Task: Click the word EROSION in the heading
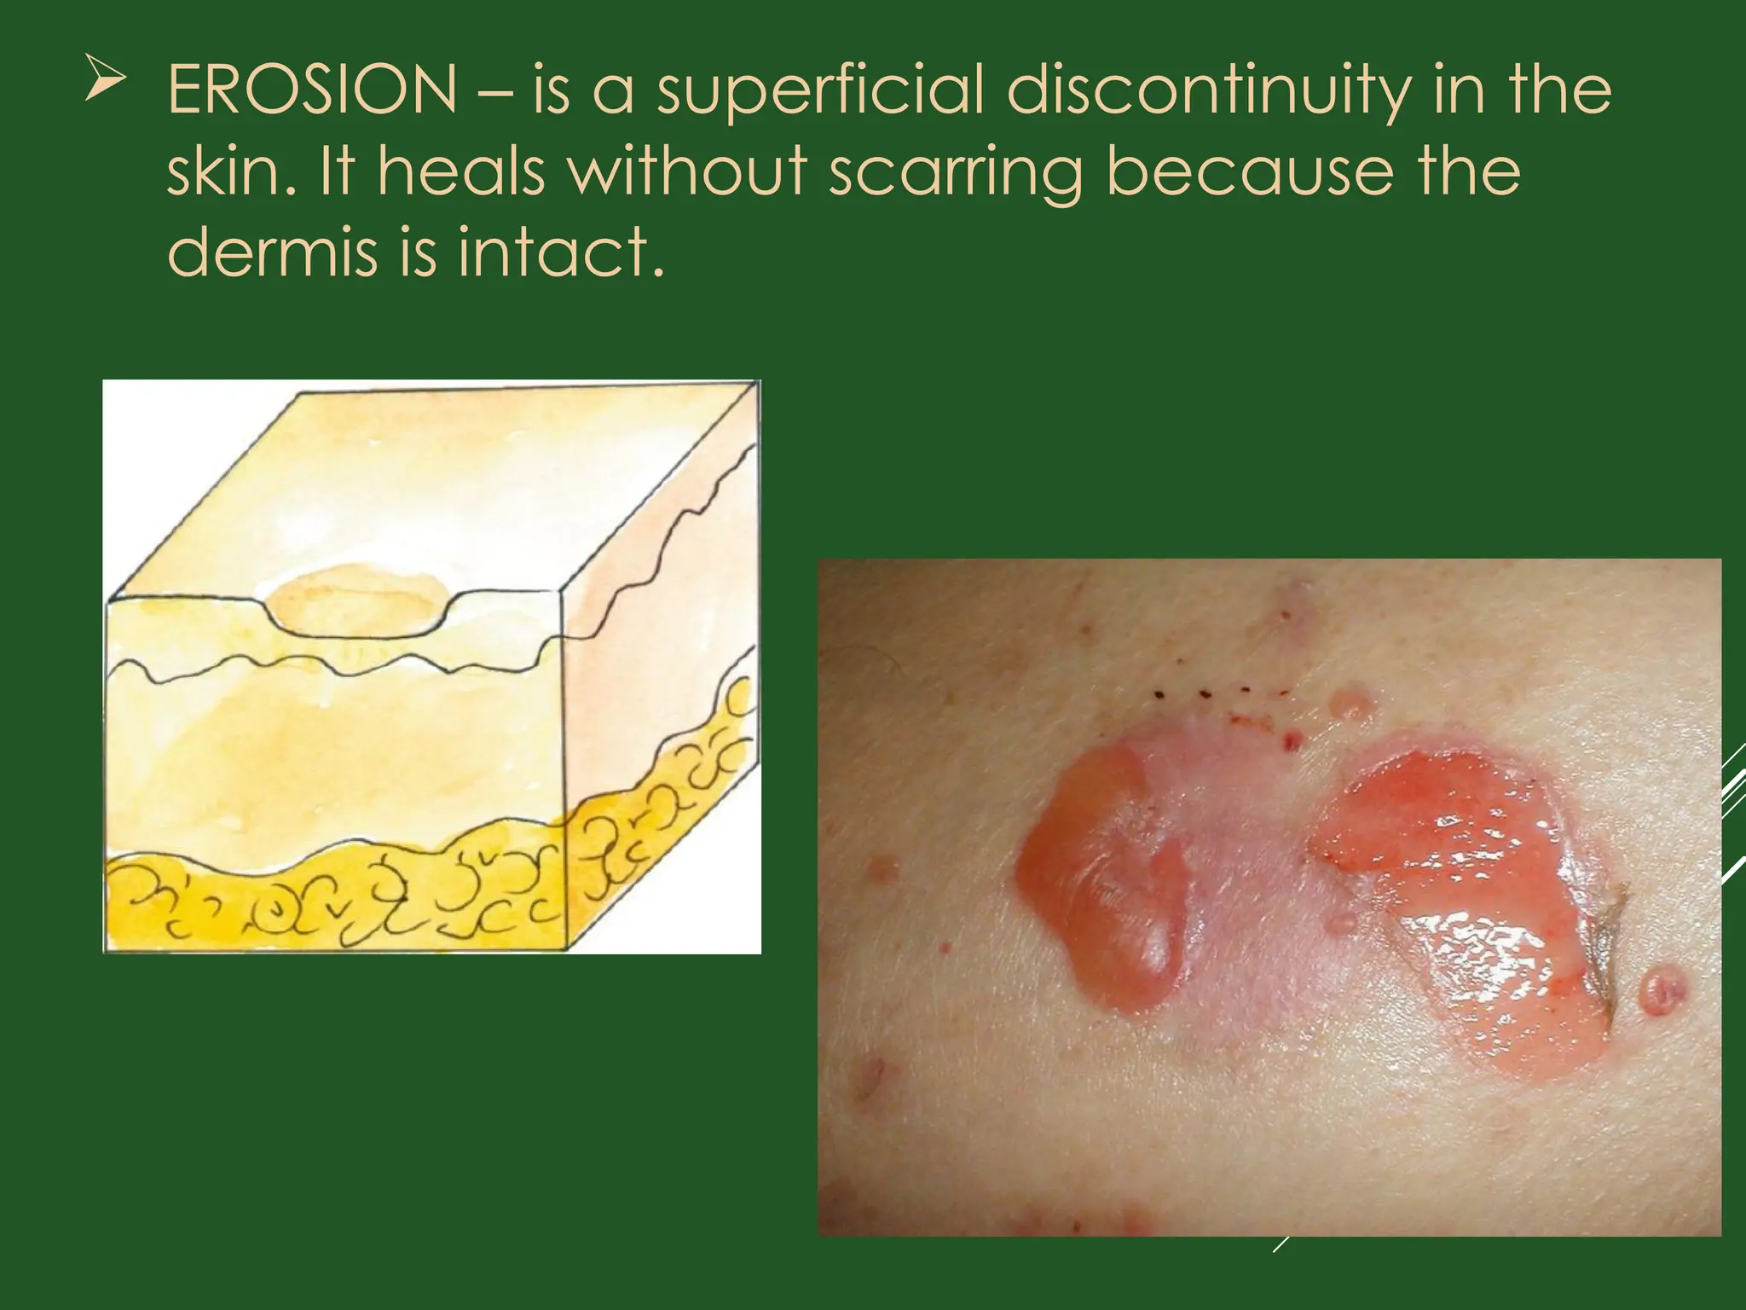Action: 312,91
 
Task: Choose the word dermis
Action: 271,252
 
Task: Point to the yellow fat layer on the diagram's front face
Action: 332,904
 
